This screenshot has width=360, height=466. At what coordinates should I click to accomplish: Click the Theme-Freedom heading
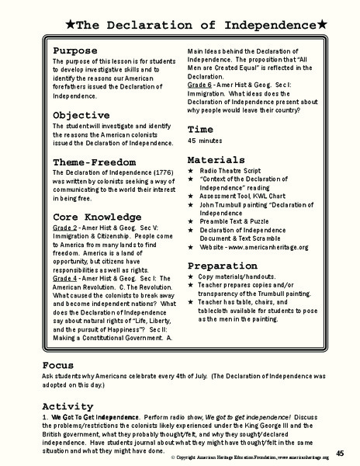(x=95, y=162)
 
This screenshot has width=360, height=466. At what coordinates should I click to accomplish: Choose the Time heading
(x=200, y=129)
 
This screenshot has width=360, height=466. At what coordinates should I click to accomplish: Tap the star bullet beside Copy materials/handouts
(x=192, y=277)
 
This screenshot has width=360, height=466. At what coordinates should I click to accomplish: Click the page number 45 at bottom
(x=340, y=452)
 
